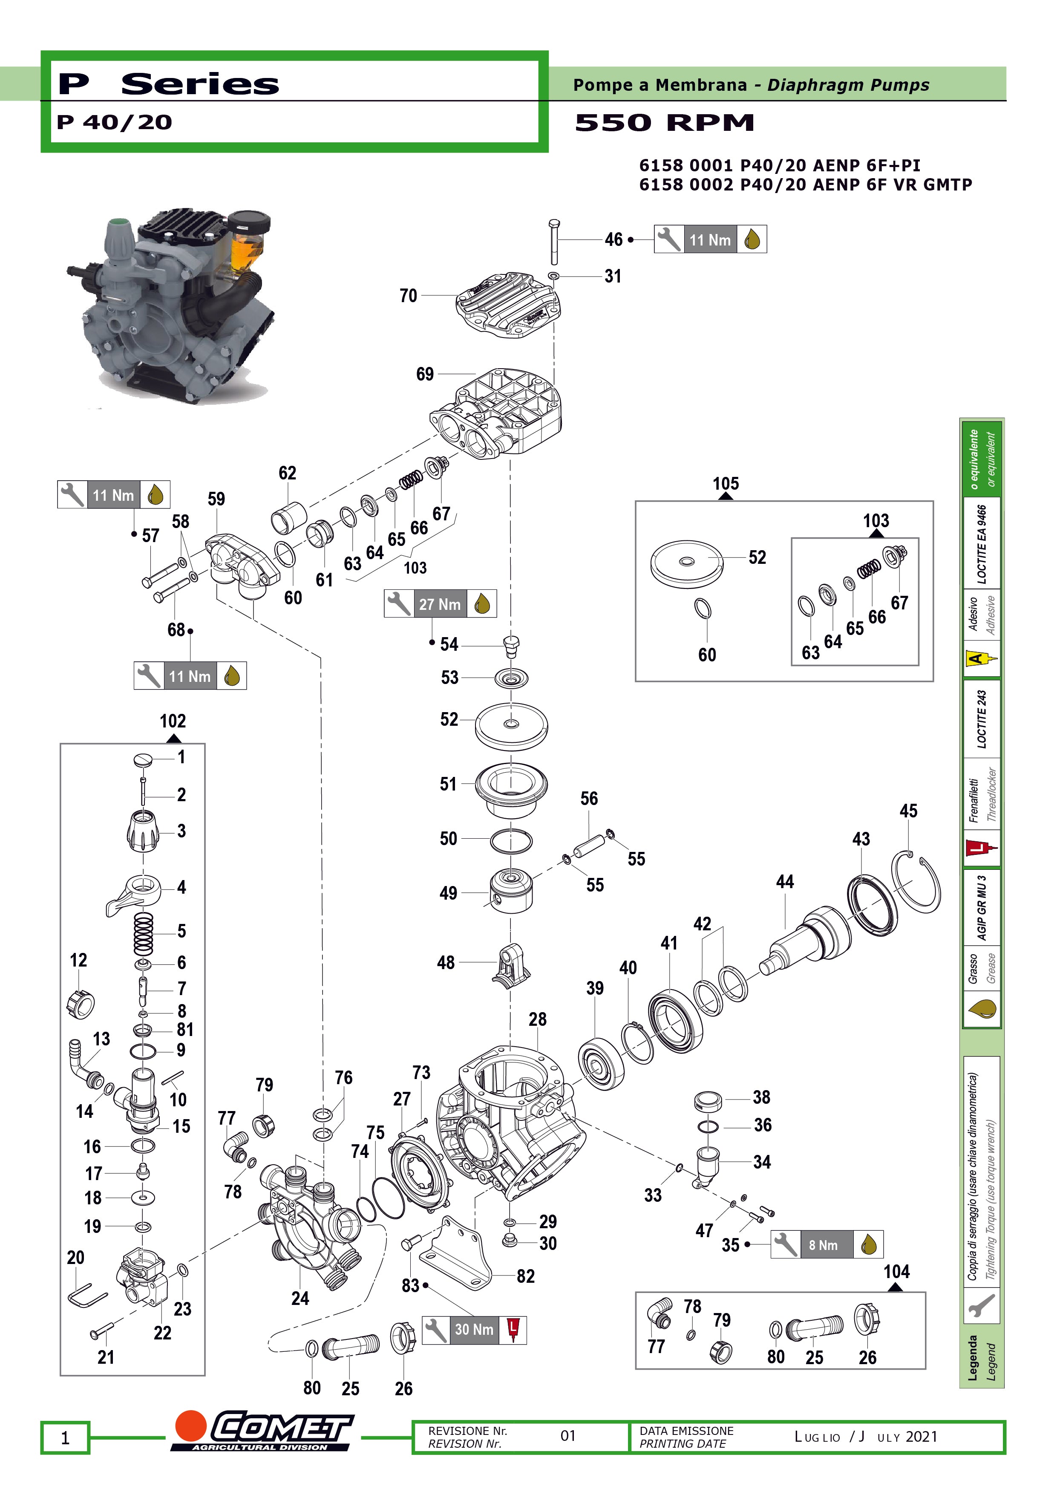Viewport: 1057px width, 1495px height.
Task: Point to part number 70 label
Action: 408,296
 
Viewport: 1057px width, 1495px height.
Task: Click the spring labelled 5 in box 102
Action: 143,932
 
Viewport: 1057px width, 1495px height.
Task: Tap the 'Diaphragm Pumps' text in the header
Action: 848,85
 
